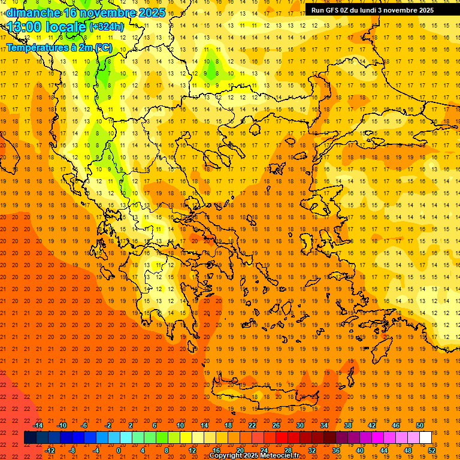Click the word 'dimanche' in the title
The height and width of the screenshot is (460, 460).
pos(34,13)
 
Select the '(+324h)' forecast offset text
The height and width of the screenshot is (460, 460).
pos(107,27)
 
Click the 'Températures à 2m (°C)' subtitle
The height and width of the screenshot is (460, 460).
pos(59,47)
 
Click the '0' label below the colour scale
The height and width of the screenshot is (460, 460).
pos(119,450)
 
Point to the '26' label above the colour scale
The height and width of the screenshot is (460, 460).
pos(276,425)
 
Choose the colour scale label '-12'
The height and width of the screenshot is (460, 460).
pos(50,450)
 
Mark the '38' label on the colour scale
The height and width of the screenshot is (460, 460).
pos(348,425)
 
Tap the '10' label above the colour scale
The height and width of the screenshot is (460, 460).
pos(180,425)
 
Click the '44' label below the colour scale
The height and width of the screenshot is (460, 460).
pos(384,450)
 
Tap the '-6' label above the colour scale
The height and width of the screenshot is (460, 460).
pos(85,425)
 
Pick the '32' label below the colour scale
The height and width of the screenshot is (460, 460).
pos(312,450)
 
